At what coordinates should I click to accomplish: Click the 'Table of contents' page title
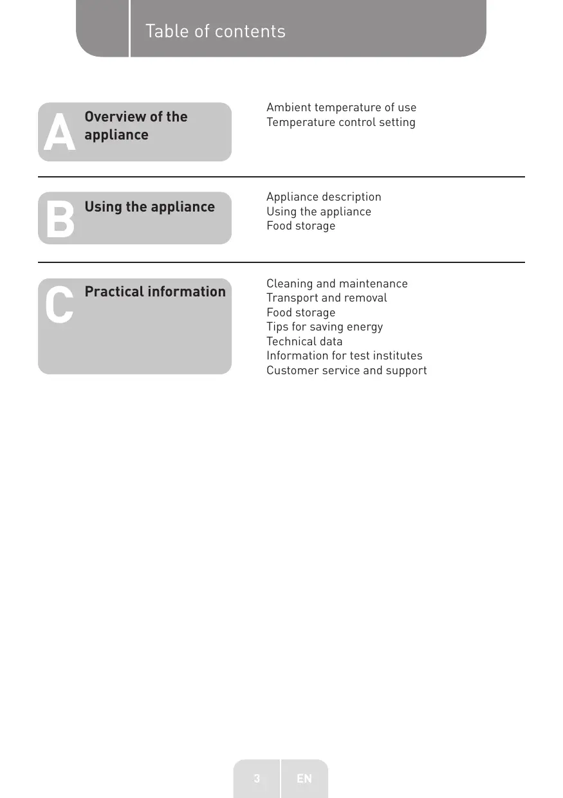215,31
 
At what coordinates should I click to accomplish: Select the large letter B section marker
59,219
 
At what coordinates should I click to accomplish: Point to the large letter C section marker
59,306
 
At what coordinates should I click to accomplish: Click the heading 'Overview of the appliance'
136,125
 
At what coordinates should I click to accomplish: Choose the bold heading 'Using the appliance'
149,206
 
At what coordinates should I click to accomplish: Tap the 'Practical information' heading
155,291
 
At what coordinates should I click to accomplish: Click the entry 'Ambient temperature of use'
341,107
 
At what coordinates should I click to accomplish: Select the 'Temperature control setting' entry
340,122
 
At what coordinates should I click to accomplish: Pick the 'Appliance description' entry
324,197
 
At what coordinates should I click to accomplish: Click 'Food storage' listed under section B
300,226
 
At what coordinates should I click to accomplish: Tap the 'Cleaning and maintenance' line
337,284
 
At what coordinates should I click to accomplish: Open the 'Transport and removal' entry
326,298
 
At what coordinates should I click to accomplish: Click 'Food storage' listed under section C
300,313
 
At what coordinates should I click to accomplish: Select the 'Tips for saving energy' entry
324,327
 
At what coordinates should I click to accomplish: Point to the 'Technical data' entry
304,341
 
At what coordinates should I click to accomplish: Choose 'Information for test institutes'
344,356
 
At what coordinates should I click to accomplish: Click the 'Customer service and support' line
346,370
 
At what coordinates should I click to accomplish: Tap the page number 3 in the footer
257,779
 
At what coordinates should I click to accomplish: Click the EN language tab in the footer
304,779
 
